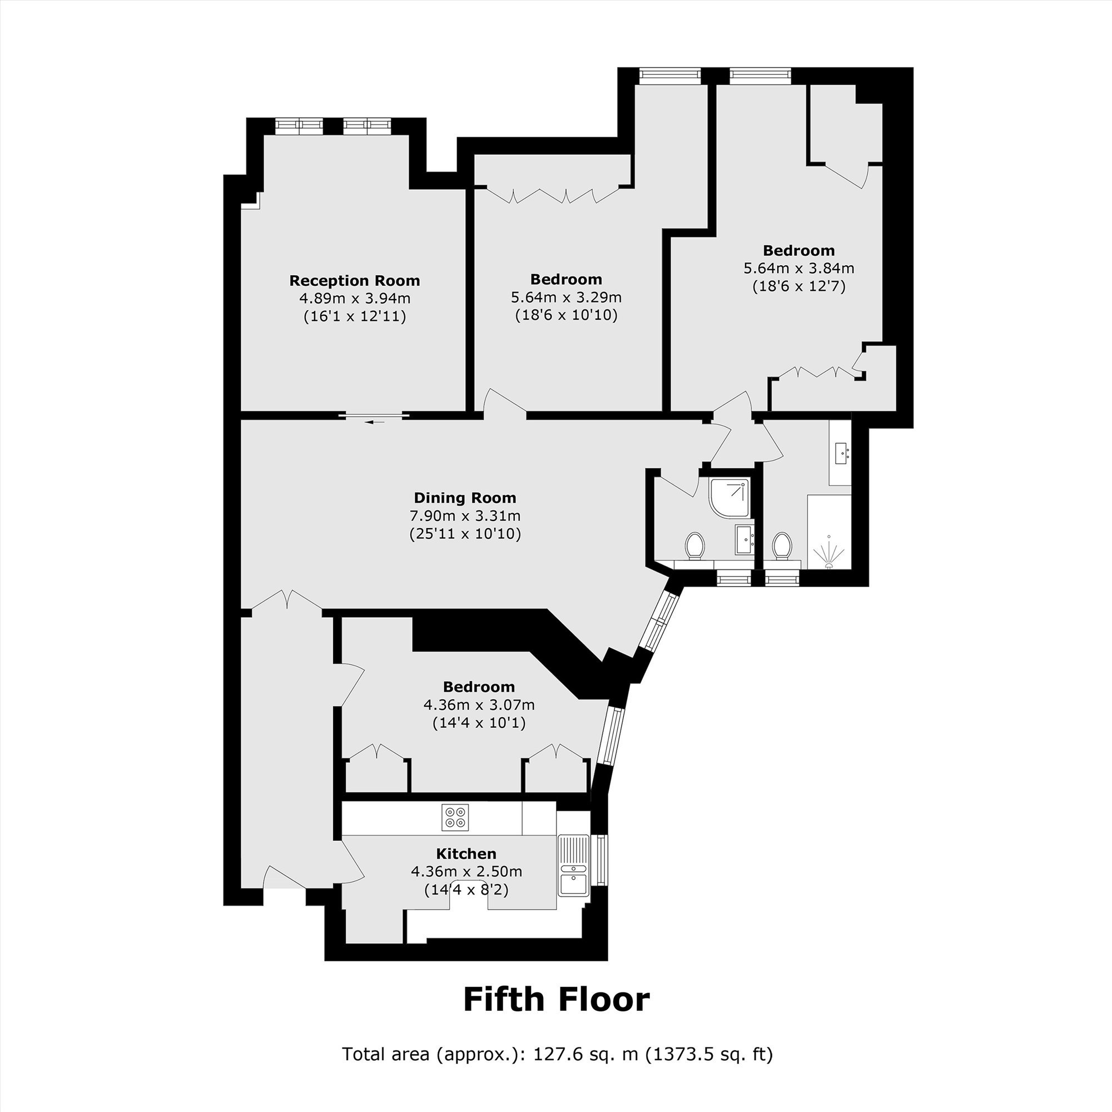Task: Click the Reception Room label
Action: coord(355,281)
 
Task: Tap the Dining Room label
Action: coord(465,498)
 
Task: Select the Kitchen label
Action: coord(466,853)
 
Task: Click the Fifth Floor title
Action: coord(557,999)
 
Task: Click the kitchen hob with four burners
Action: coord(455,817)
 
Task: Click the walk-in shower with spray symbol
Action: coord(829,531)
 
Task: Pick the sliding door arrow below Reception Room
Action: coord(374,423)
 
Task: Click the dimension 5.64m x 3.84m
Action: coord(799,268)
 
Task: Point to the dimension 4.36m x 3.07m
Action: coord(479,704)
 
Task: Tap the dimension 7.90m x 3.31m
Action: coord(465,516)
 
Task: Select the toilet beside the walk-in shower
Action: coord(782,545)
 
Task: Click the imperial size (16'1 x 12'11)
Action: coord(355,316)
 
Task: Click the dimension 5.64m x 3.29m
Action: coord(567,297)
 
